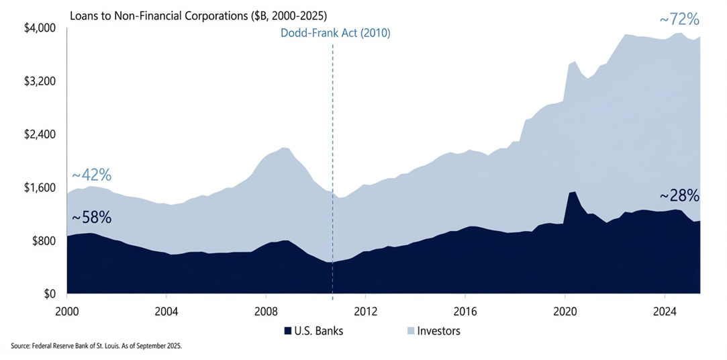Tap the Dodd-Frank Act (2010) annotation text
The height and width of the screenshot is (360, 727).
[x=335, y=33]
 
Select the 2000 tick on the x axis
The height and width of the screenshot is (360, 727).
[x=67, y=312]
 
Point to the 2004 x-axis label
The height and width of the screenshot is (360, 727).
[x=166, y=312]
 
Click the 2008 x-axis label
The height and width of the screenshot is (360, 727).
[x=266, y=312]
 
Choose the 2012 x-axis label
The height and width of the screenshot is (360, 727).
[x=365, y=312]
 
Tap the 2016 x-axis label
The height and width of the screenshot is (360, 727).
[x=465, y=312]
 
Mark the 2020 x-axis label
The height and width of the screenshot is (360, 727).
[x=565, y=312]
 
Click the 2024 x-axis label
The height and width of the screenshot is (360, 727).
[x=665, y=312]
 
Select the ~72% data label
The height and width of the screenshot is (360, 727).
[x=679, y=20]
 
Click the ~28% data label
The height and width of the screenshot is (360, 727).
[x=679, y=196]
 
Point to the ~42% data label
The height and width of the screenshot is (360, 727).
[x=91, y=175]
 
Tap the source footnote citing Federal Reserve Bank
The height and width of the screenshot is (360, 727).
[x=97, y=346]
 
